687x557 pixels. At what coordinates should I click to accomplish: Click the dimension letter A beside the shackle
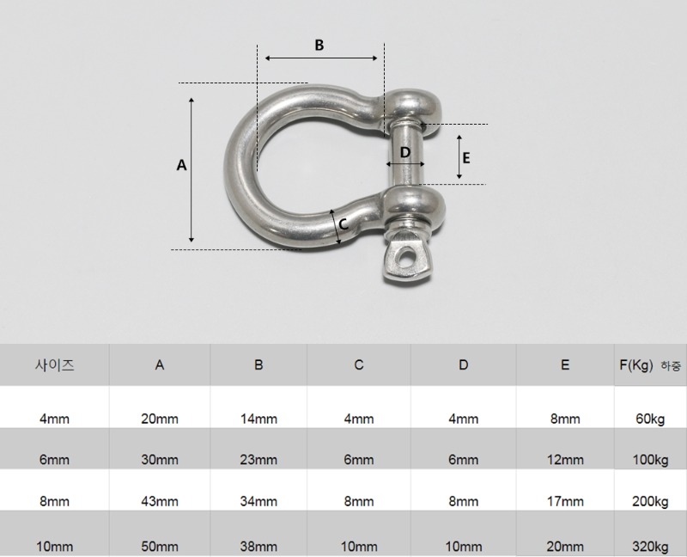tap(181, 165)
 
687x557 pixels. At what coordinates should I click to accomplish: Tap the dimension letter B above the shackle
tap(319, 46)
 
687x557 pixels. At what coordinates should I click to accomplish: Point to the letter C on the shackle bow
tap(344, 224)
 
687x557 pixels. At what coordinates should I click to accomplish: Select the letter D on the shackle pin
tap(405, 152)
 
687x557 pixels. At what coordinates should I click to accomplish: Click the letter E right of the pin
tap(466, 158)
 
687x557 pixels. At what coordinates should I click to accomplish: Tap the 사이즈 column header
tap(55, 365)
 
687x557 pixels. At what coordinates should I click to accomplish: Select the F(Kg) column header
tap(636, 365)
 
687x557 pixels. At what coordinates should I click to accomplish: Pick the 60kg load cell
tap(650, 419)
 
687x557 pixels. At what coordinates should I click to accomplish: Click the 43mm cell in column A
tap(160, 501)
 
